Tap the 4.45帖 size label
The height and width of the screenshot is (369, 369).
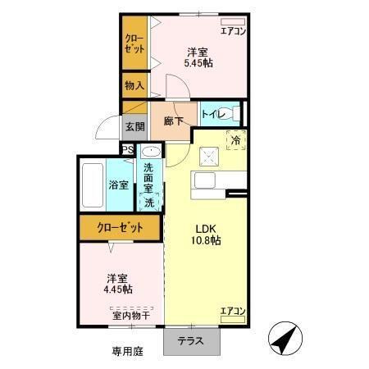[x=119, y=289]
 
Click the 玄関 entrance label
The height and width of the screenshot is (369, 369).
[x=134, y=127]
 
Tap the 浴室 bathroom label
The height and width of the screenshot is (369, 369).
[x=119, y=184]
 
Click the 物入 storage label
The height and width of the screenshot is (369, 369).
[x=134, y=84]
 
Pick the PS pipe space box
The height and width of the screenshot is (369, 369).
[x=127, y=149]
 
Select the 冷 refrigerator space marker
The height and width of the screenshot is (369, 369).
[x=235, y=140]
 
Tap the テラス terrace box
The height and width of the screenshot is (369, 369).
[x=194, y=341]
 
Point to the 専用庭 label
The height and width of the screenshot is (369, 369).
[x=127, y=351]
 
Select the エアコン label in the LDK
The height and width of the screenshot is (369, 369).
[x=233, y=311]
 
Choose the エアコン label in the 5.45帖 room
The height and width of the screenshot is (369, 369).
[x=234, y=31]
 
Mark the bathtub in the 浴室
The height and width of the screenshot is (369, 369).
[x=93, y=184]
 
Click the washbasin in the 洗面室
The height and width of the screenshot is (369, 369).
[x=149, y=153]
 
